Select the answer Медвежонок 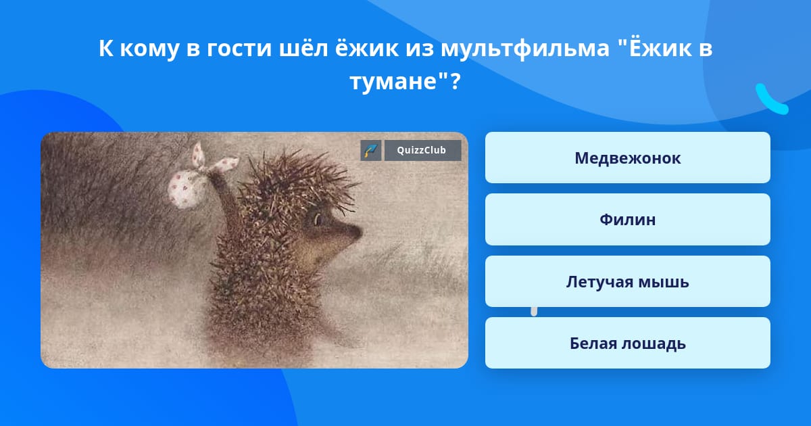pos(627,158)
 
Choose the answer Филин pos(627,219)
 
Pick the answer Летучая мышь pos(627,281)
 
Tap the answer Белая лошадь pos(627,343)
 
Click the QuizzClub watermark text pos(422,150)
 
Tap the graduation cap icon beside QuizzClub pos(371,150)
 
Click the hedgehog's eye pos(318,219)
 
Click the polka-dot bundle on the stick pos(184,189)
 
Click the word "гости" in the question pos(239,48)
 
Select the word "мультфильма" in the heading pos(525,49)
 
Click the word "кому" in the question pos(149,49)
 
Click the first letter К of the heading pos(105,48)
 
